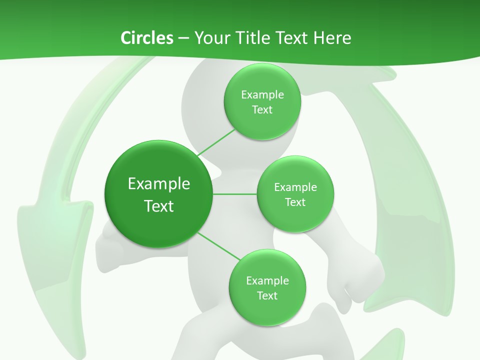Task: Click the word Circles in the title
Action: (146, 38)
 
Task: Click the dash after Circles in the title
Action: (183, 38)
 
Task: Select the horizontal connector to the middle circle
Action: (235, 194)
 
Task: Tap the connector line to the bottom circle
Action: (218, 246)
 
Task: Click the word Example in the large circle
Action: (159, 184)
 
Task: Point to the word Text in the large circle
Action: (159, 206)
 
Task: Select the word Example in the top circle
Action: (262, 95)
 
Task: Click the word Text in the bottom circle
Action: (267, 295)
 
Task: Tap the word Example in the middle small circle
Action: (295, 187)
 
